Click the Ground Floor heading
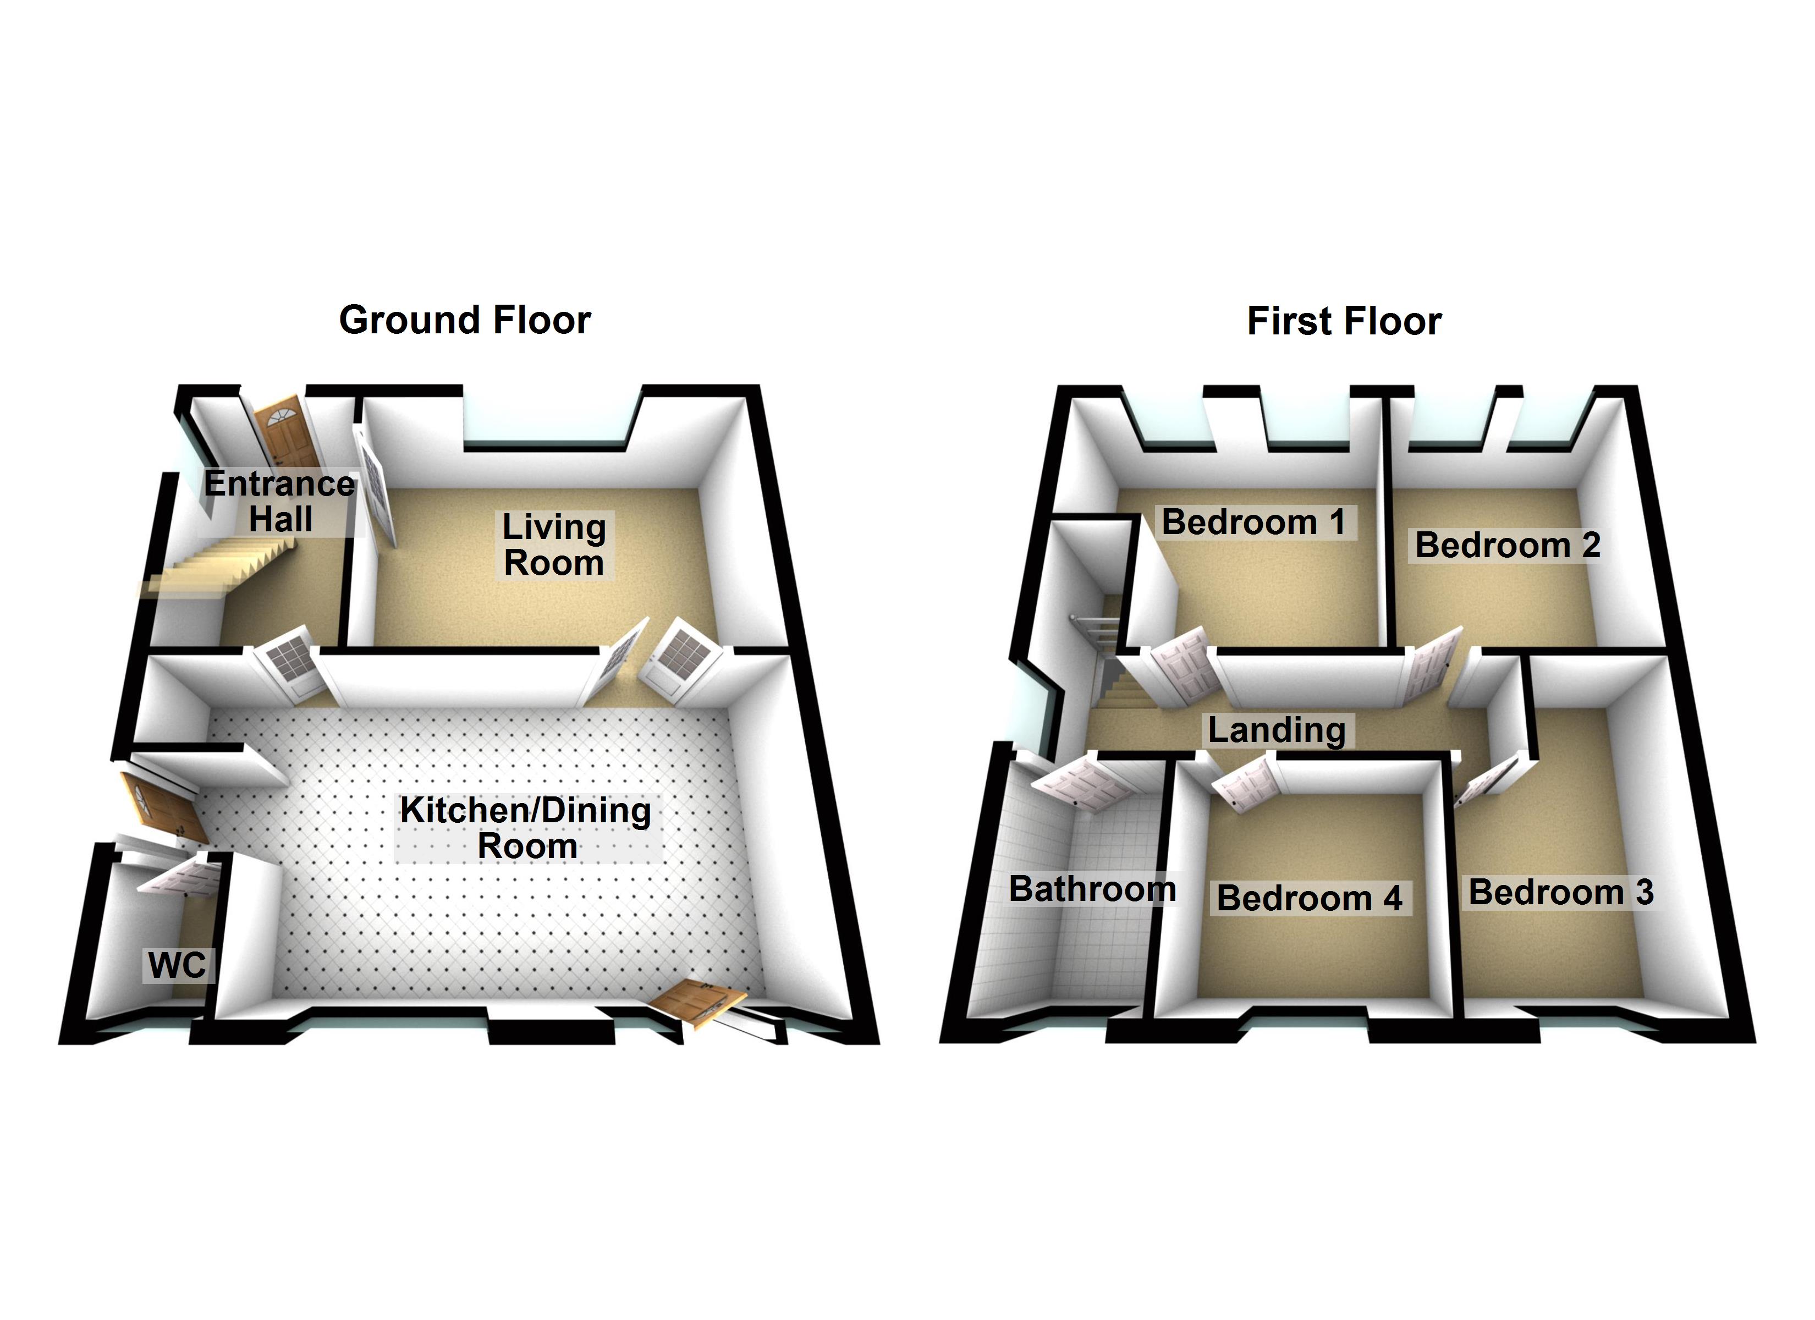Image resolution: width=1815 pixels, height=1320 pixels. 464,320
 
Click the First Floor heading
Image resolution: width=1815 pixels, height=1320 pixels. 1344,321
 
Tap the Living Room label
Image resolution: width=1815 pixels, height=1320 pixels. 554,544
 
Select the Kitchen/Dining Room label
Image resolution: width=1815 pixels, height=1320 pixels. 526,828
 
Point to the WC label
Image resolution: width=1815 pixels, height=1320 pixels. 177,965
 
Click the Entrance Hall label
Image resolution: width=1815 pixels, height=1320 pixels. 279,501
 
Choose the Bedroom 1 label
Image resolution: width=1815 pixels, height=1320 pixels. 1253,522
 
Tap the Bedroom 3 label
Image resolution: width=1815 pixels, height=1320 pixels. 1560,892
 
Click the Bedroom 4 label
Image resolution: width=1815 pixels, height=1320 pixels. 1309,898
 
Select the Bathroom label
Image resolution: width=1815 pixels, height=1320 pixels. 1092,889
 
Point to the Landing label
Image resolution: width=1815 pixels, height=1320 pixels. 1277,729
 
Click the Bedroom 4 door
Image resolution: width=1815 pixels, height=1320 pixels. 1245,784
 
